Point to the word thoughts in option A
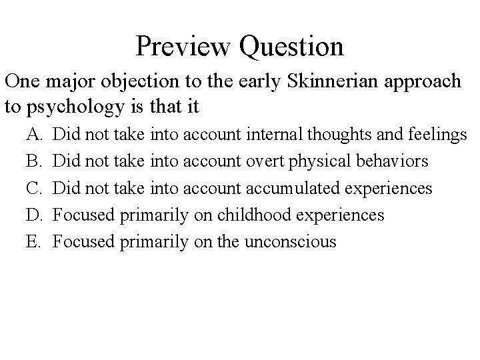(x=337, y=135)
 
